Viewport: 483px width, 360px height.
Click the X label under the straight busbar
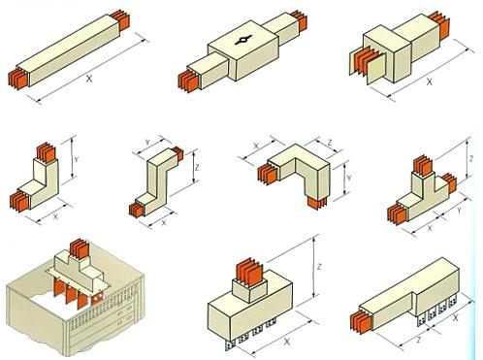(89, 78)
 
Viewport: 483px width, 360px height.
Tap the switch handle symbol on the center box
(242, 41)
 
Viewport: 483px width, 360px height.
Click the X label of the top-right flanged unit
(429, 82)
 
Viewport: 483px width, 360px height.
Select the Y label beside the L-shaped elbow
(77, 159)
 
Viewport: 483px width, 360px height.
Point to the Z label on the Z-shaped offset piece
(197, 168)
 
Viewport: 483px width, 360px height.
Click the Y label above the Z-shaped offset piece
(147, 142)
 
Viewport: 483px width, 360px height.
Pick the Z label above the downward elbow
(330, 143)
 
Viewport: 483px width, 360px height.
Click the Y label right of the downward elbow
(349, 178)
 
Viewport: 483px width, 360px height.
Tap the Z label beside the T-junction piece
(471, 158)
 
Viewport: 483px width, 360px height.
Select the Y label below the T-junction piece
(459, 211)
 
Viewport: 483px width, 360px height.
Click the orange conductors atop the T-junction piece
(423, 165)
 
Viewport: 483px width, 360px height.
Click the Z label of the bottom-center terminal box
(319, 267)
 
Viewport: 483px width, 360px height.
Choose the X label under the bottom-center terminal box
(287, 342)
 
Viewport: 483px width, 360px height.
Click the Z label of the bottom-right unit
(419, 340)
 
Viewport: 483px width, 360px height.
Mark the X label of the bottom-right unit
(456, 318)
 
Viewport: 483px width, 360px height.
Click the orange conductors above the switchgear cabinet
(80, 249)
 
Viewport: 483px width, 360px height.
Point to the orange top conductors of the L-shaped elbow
(48, 154)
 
